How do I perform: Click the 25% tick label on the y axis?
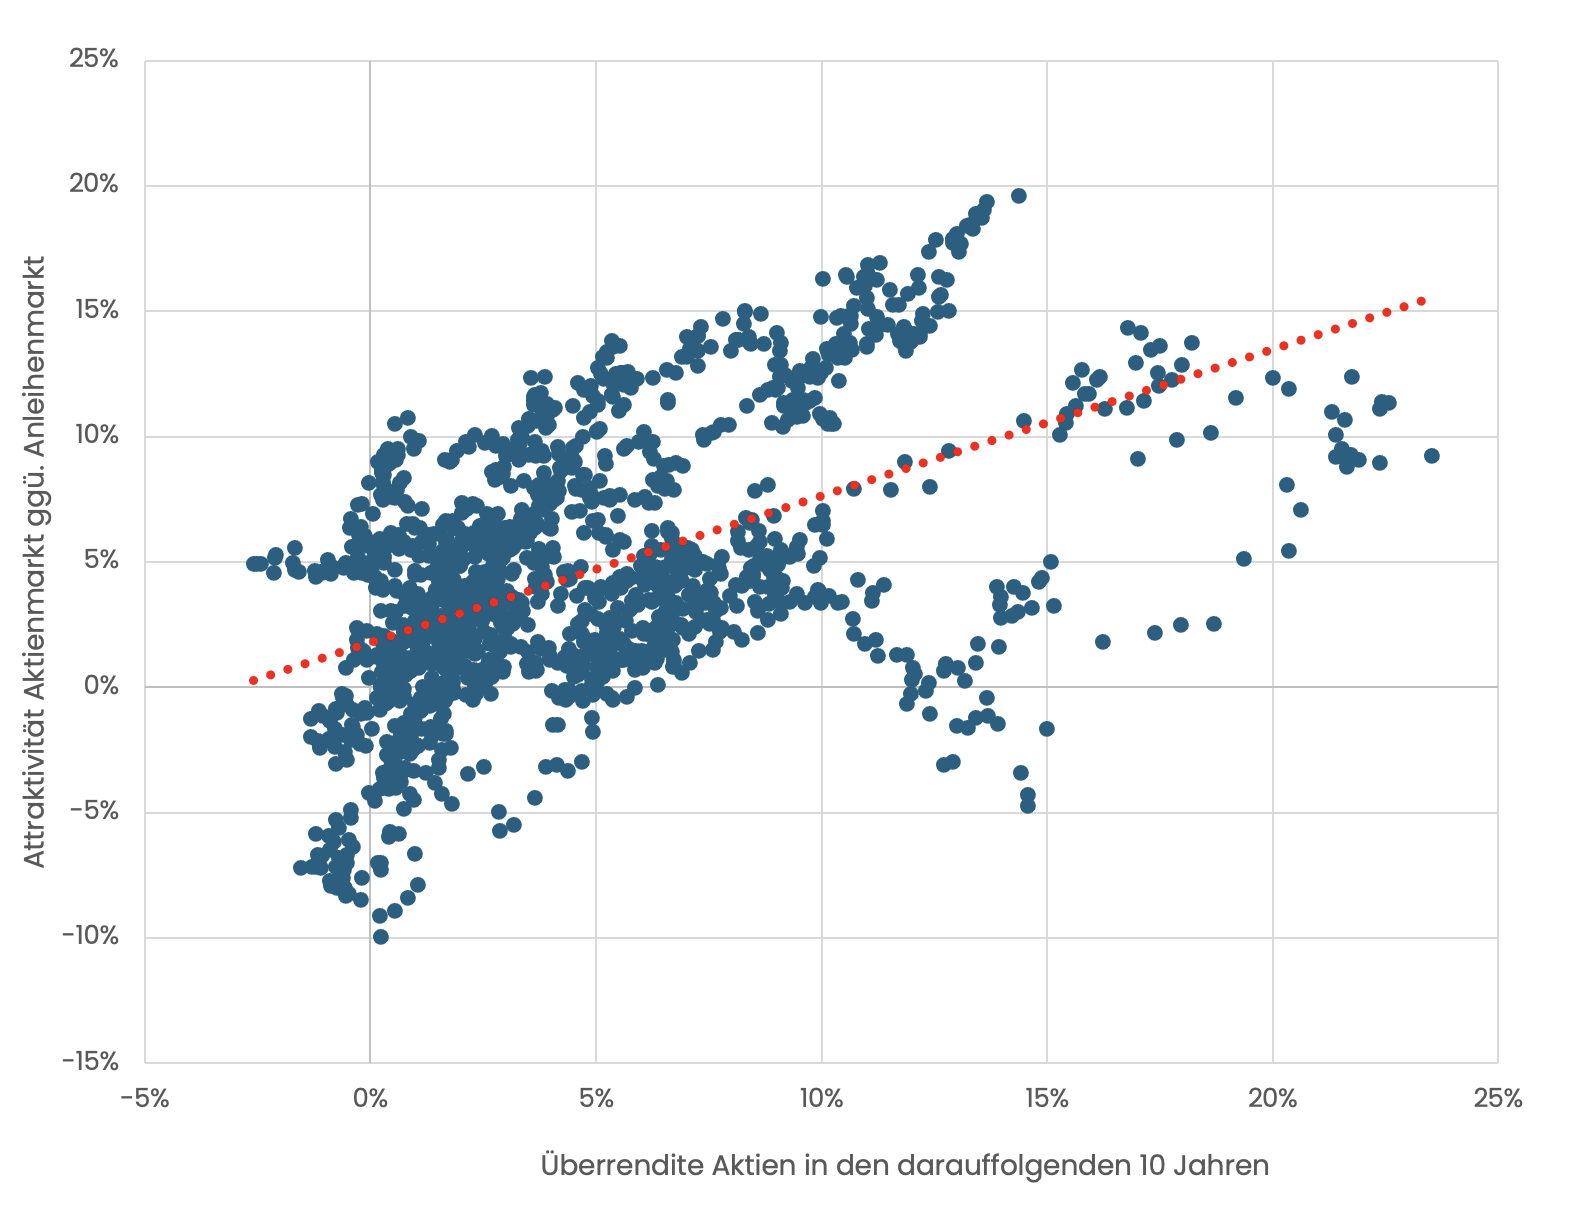(93, 60)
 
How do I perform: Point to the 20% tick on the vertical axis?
(93, 185)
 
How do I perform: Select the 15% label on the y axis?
(95, 310)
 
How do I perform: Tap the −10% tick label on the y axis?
(90, 937)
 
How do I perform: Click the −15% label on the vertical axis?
(90, 1062)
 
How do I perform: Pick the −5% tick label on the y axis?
(93, 811)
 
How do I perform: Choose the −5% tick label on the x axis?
(144, 1099)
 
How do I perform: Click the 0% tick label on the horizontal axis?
(370, 1099)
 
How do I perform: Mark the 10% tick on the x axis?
(821, 1099)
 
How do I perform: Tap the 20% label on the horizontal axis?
(1272, 1099)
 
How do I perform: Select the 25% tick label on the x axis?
(1498, 1099)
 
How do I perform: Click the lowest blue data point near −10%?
(380, 937)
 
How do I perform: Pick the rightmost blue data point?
(1431, 456)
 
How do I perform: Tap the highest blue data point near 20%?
(1018, 196)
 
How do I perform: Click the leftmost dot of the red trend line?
(253, 680)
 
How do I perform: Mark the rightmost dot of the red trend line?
(1420, 301)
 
